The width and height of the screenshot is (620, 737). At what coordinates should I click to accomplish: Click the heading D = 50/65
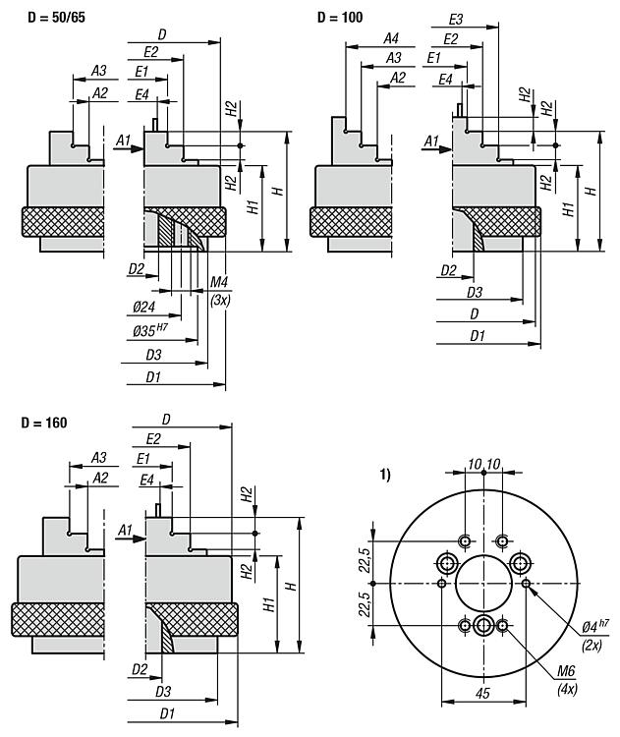click(56, 18)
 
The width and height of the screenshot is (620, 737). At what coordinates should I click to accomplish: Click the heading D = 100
click(340, 18)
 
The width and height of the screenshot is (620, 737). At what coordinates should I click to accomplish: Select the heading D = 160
click(44, 423)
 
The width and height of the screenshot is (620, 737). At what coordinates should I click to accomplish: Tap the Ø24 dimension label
click(143, 307)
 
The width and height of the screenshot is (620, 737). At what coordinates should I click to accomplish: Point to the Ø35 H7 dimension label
click(150, 330)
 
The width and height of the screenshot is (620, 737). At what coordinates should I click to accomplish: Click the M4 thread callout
click(219, 282)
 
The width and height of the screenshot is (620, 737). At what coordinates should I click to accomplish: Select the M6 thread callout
click(566, 671)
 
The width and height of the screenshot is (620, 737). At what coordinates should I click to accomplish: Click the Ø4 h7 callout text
click(595, 626)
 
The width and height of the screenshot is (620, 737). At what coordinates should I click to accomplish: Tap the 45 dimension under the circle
click(482, 693)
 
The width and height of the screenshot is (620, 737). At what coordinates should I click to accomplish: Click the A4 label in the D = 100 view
click(391, 38)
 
